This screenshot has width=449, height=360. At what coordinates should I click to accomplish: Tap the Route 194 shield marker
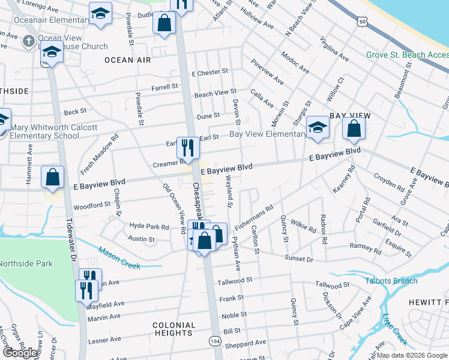(214, 341)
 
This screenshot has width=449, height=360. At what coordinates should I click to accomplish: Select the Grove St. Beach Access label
(407, 55)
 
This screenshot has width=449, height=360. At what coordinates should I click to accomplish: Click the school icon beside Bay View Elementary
(318, 127)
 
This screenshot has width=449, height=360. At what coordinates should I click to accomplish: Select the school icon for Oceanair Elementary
(100, 13)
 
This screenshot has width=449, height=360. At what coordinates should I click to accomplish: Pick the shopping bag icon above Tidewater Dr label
(53, 178)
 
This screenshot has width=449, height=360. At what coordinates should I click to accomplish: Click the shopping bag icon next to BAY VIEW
(354, 128)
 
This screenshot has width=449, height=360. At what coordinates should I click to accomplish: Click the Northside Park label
(25, 263)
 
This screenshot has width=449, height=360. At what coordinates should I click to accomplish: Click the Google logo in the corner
(20, 353)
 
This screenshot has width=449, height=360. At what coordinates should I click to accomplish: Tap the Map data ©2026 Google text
(412, 355)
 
